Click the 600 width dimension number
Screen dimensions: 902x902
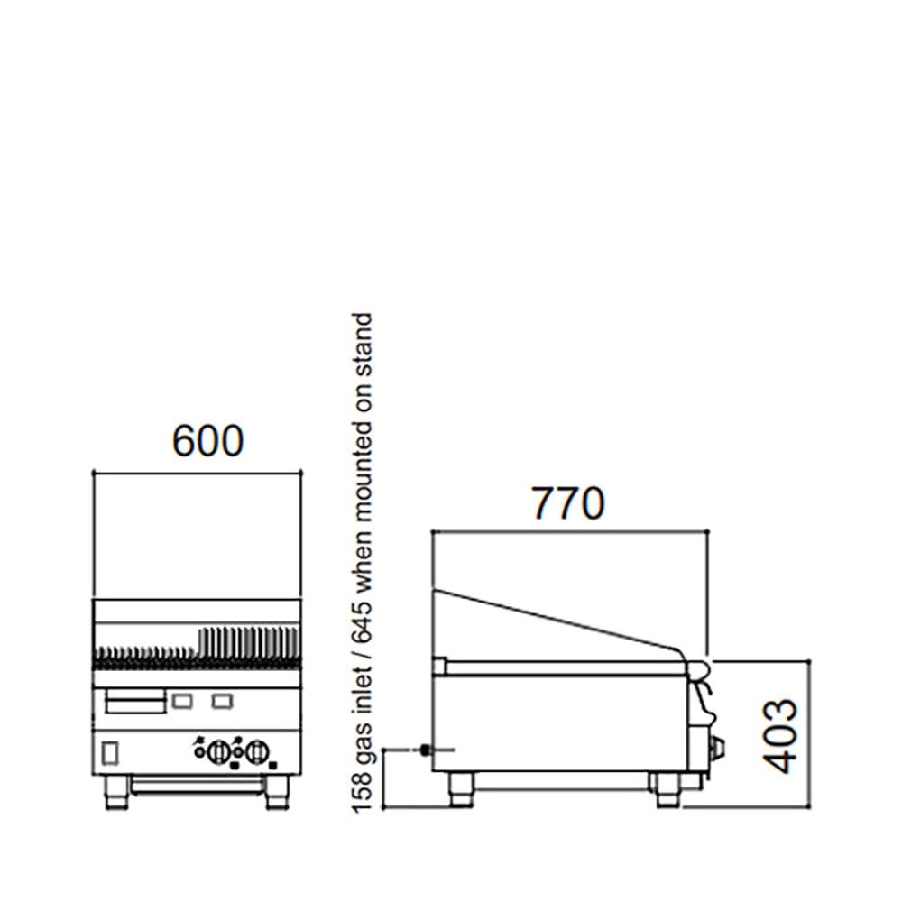(207, 441)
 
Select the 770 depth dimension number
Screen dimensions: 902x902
(566, 504)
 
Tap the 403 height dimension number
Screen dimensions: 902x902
(781, 735)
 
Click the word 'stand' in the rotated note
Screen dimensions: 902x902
(362, 342)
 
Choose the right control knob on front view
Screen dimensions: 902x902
(257, 751)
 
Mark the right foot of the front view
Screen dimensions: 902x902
(277, 792)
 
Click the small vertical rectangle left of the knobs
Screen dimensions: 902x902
(111, 750)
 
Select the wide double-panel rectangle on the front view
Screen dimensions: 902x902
(135, 701)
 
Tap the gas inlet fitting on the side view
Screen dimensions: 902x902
(424, 750)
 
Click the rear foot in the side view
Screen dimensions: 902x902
(461, 788)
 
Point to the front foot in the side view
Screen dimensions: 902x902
(667, 788)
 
